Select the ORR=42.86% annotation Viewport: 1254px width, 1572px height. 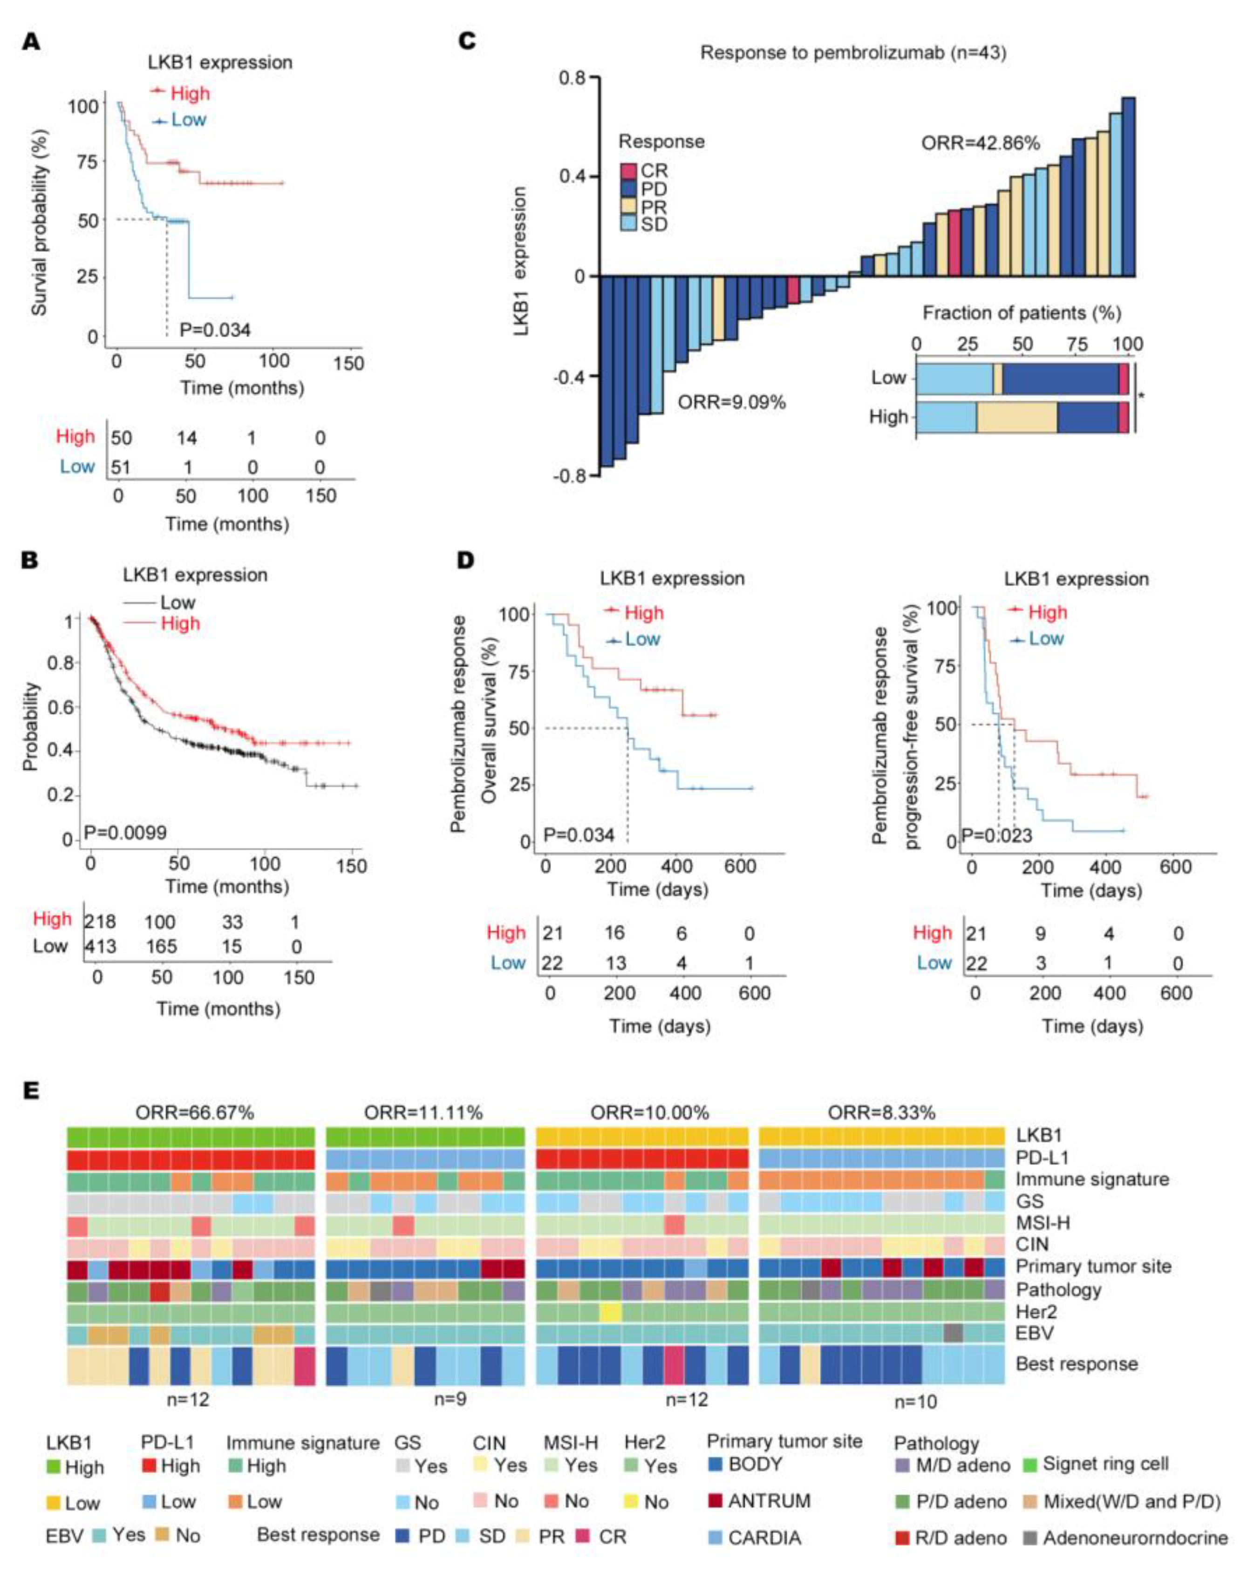tap(980, 143)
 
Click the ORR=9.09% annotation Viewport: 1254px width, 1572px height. tap(732, 402)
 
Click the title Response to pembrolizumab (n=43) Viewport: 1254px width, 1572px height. tap(853, 53)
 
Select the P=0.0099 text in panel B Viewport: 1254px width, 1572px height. tap(125, 833)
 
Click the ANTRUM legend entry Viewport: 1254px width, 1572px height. tap(768, 1501)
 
